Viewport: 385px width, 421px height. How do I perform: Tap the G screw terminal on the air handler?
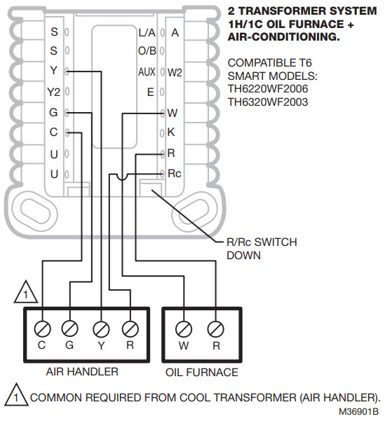[70, 327]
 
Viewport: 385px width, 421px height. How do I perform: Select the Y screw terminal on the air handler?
[102, 327]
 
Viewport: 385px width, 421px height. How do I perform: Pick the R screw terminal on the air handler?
[130, 327]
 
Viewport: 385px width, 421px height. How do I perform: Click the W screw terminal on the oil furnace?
[184, 327]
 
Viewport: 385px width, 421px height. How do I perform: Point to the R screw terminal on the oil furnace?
[215, 327]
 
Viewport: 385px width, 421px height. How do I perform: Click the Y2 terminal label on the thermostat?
[54, 92]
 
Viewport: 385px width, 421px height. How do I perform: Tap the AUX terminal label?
[146, 72]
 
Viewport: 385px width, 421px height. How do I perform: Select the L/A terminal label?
[147, 32]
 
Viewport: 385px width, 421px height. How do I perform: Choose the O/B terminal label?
[147, 52]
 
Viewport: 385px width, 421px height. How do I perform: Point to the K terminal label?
[173, 132]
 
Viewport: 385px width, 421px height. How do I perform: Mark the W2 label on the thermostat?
[175, 72]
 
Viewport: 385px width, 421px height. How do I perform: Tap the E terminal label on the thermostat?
[150, 92]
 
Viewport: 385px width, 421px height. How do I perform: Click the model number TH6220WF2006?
[268, 89]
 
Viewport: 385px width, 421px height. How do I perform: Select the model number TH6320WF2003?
[268, 102]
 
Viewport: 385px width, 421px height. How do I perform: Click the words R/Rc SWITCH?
[261, 242]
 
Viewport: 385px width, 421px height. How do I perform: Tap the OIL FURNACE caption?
[201, 371]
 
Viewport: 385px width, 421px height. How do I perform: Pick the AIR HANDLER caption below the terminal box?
[82, 371]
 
